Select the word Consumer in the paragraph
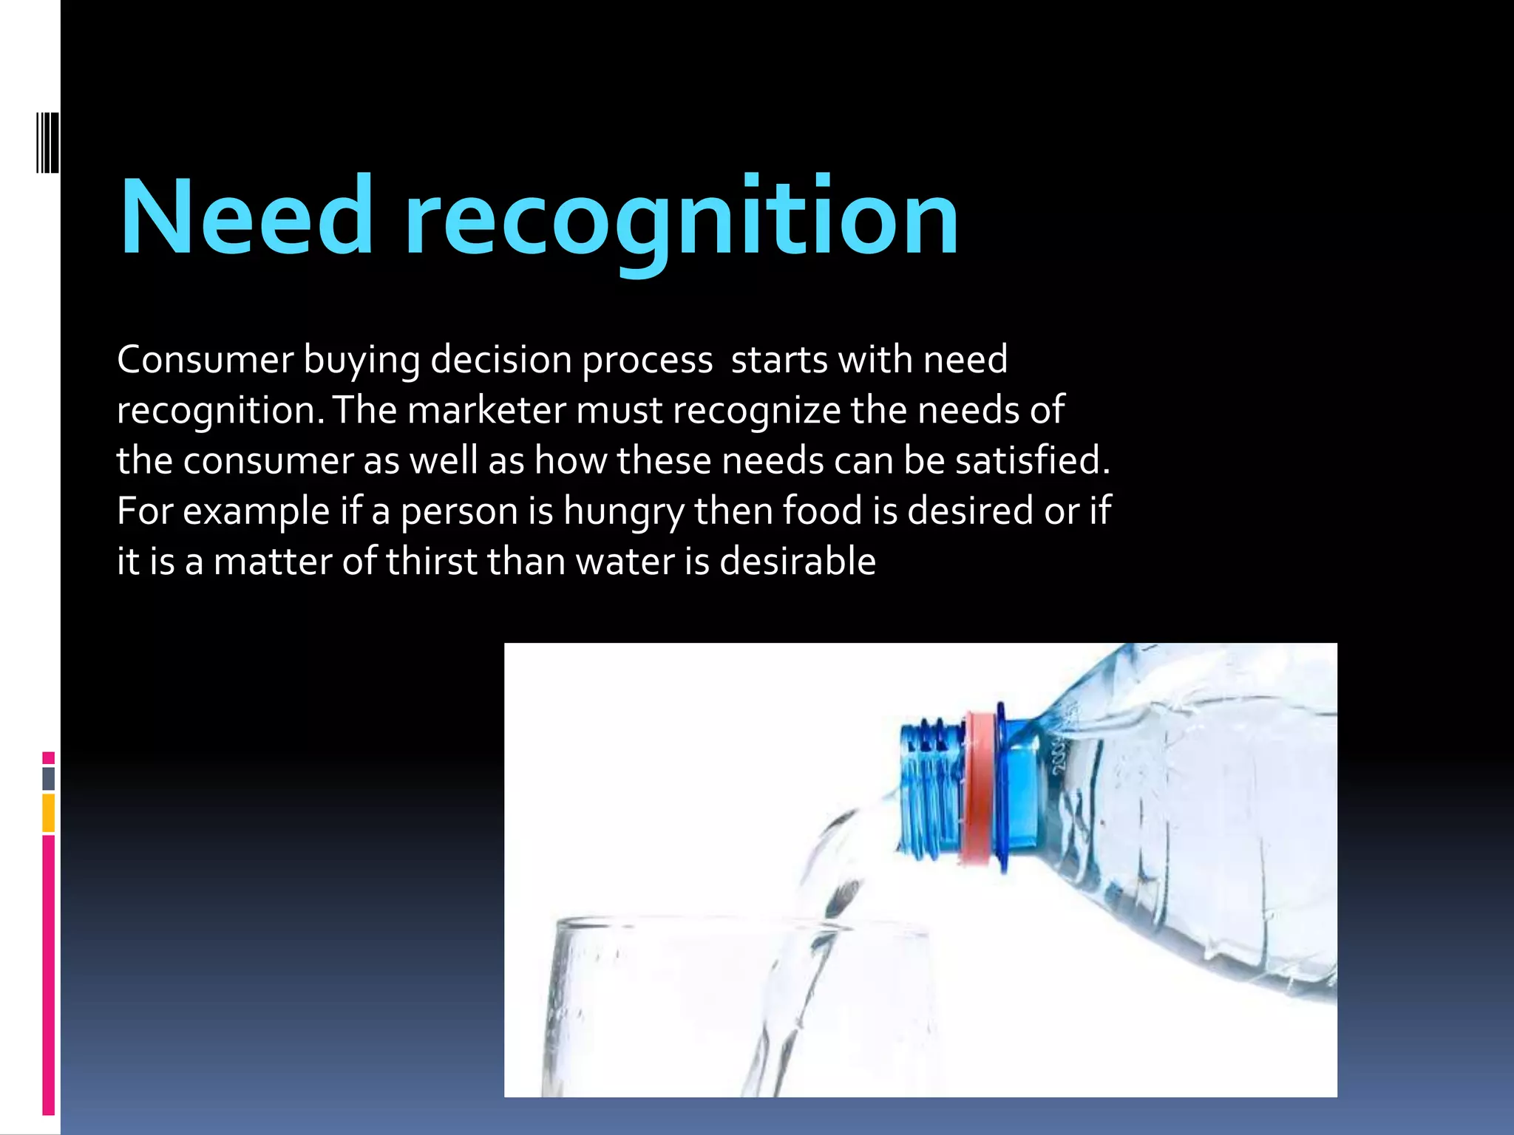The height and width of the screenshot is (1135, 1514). (205, 360)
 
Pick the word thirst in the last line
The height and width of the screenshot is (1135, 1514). (432, 562)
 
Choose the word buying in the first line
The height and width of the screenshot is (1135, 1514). (361, 361)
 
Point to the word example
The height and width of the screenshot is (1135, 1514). (256, 512)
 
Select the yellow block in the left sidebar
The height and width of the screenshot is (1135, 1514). (48, 813)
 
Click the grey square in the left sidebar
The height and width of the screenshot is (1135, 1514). (48, 778)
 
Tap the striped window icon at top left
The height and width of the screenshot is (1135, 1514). (48, 143)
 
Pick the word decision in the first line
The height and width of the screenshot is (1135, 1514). (500, 360)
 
